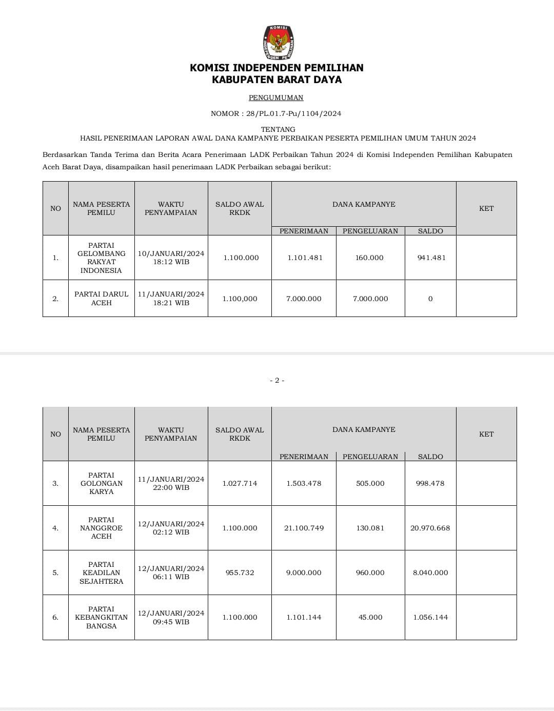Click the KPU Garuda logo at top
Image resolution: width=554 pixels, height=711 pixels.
point(279,43)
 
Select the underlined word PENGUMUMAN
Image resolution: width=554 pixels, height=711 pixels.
point(276,97)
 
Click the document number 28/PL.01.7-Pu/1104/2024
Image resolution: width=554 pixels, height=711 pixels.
point(294,113)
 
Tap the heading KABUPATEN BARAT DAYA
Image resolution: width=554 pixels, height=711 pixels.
point(276,80)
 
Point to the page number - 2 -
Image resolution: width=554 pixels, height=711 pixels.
point(277,380)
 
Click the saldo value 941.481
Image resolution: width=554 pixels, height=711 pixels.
point(431,258)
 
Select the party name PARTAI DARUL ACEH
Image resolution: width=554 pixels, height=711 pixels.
point(102,298)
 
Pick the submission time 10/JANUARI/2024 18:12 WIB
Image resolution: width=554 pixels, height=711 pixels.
point(171,258)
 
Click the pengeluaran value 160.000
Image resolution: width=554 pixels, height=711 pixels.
point(369,258)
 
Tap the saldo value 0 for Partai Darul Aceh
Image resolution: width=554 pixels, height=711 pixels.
point(430,299)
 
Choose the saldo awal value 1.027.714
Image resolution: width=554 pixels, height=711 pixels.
point(240,483)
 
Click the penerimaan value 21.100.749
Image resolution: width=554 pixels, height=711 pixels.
point(304,528)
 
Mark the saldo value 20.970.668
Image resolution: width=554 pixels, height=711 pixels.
point(430,528)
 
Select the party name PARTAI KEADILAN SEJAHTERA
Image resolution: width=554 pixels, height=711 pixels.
point(102,572)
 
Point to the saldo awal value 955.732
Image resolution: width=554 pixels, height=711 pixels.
point(240,572)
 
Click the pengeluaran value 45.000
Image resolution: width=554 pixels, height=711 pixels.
point(370,617)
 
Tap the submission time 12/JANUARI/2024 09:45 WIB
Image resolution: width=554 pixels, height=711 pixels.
point(171,617)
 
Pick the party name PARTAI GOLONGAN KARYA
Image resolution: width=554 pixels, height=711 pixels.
point(102,483)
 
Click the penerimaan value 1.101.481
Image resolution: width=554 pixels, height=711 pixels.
point(305,258)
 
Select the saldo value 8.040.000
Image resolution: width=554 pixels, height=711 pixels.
point(430,572)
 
